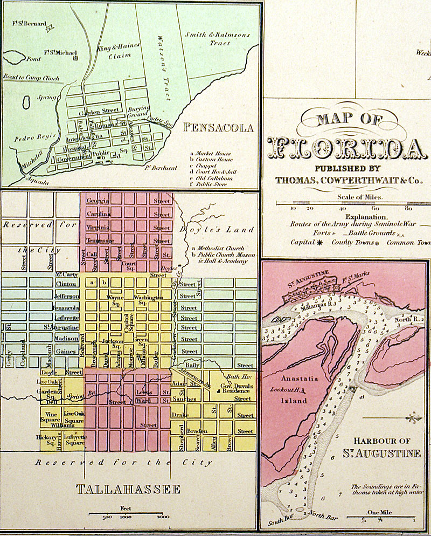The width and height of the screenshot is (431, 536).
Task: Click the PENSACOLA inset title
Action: pos(218,128)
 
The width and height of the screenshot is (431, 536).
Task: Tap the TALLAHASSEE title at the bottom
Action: pos(128,490)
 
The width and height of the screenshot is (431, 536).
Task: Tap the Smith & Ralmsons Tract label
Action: pos(217,39)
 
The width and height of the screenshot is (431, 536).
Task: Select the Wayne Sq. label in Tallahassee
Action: pos(115,300)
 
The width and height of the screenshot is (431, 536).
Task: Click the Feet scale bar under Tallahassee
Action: pos(128,514)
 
